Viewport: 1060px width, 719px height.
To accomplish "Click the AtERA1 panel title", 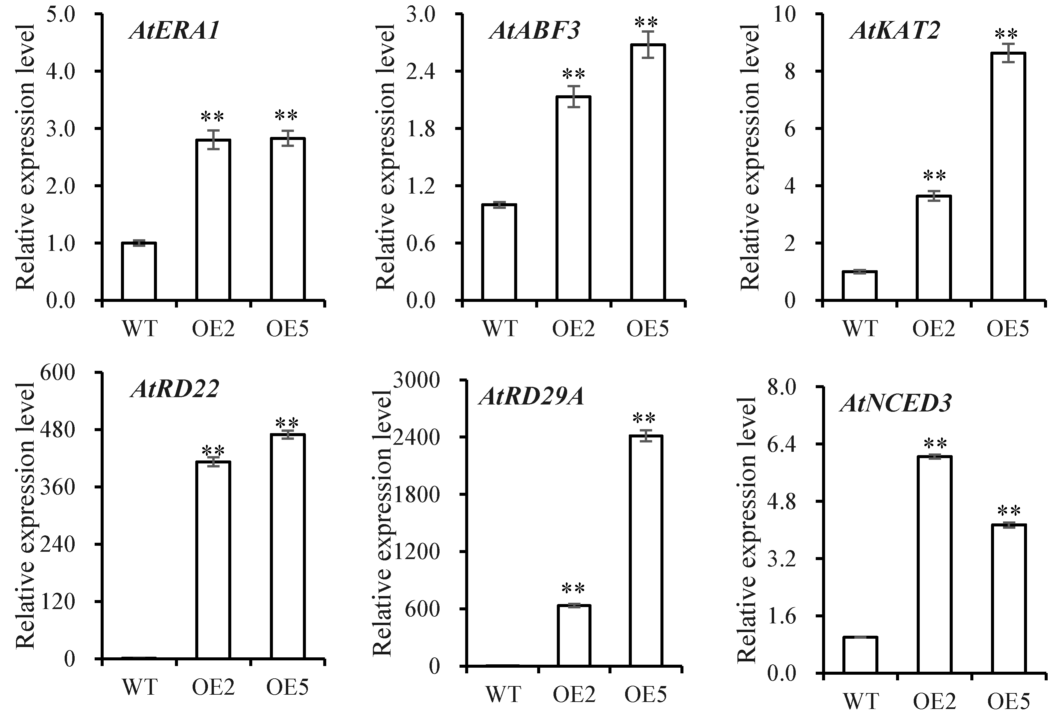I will point(175,31).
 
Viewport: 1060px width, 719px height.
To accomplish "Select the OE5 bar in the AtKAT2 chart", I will point(1008,178).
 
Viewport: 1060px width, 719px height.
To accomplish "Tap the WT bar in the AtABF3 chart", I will point(500,253).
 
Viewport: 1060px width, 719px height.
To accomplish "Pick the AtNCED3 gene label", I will point(895,403).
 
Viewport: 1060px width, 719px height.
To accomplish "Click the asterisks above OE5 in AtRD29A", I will point(644,418).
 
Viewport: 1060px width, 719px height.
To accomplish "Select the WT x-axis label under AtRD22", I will point(140,687).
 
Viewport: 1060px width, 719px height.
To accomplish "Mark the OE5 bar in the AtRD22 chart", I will point(288,547).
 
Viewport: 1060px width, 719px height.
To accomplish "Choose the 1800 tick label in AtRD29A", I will point(416,495).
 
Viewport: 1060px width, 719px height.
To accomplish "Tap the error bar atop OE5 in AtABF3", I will point(648,45).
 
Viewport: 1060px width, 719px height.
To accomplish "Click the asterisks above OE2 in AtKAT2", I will point(934,176).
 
